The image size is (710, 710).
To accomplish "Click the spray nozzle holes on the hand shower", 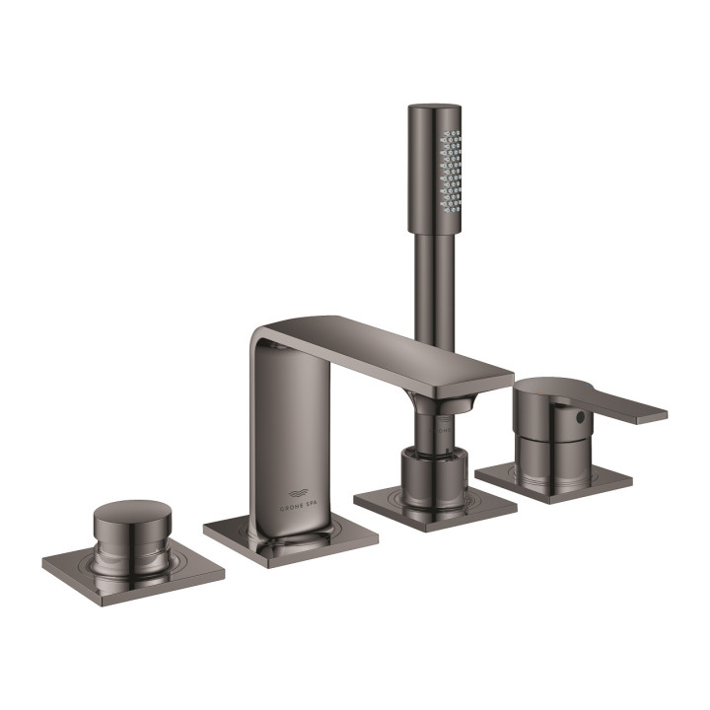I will pos(451,172).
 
